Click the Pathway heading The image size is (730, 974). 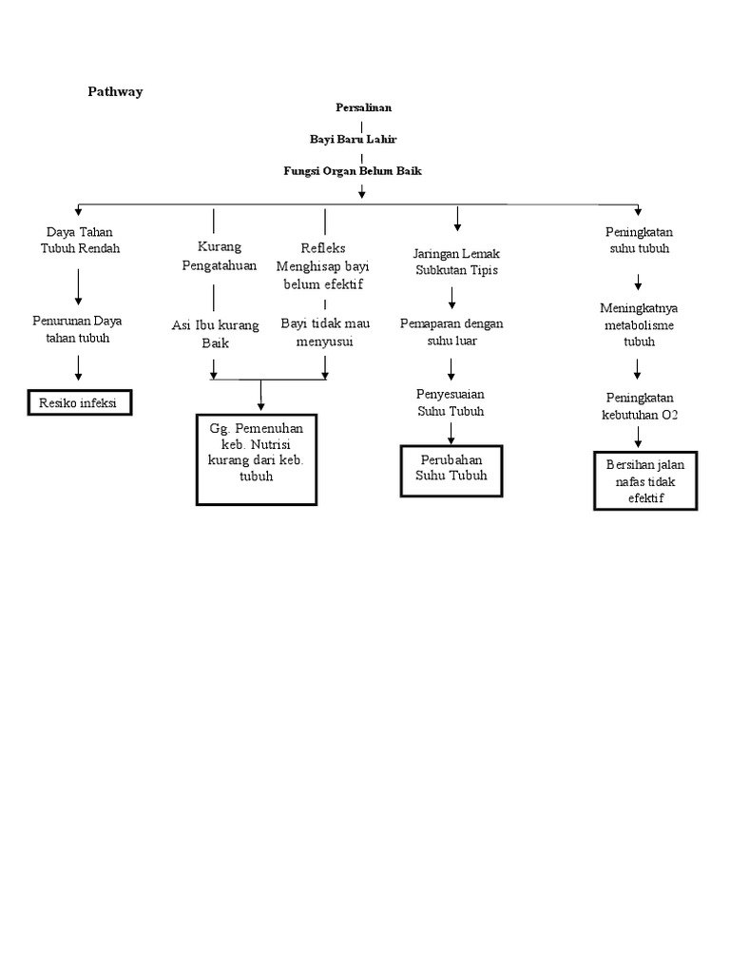pos(115,92)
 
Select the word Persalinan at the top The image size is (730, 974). pos(363,107)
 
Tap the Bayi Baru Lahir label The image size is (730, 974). pos(353,139)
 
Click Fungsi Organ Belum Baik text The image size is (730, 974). pos(352,171)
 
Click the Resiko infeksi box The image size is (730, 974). pos(78,403)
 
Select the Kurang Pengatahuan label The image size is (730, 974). pos(220,256)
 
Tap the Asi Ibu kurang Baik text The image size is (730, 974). pos(215,334)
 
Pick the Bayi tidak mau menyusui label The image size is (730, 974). pos(324,332)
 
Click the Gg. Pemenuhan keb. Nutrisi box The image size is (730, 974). pos(256,458)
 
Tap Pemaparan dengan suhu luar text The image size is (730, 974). pos(451,332)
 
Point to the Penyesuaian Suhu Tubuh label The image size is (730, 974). pos(451,402)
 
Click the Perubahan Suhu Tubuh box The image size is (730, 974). pos(451,469)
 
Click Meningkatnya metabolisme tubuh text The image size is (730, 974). pos(638,323)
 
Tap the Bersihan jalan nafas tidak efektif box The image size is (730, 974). pos(645,480)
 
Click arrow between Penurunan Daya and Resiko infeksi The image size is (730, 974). pos(79,368)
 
